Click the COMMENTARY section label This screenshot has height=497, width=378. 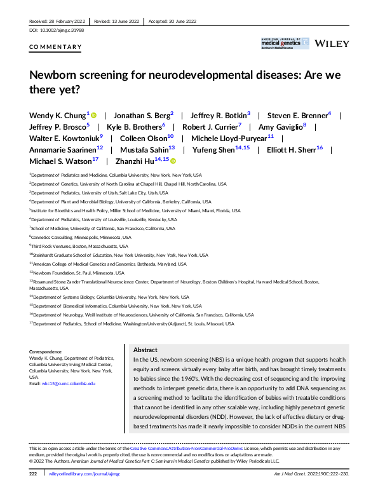pyautogui.click(x=55, y=47)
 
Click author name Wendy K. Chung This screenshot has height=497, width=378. pyautogui.click(x=57, y=115)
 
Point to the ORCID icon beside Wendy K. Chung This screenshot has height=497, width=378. pyautogui.click(x=93, y=116)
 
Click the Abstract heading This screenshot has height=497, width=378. pyautogui.click(x=145, y=350)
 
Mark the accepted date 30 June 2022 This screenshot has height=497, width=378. pyautogui.click(x=181, y=21)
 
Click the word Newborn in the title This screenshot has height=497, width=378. pyautogui.click(x=57, y=74)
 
